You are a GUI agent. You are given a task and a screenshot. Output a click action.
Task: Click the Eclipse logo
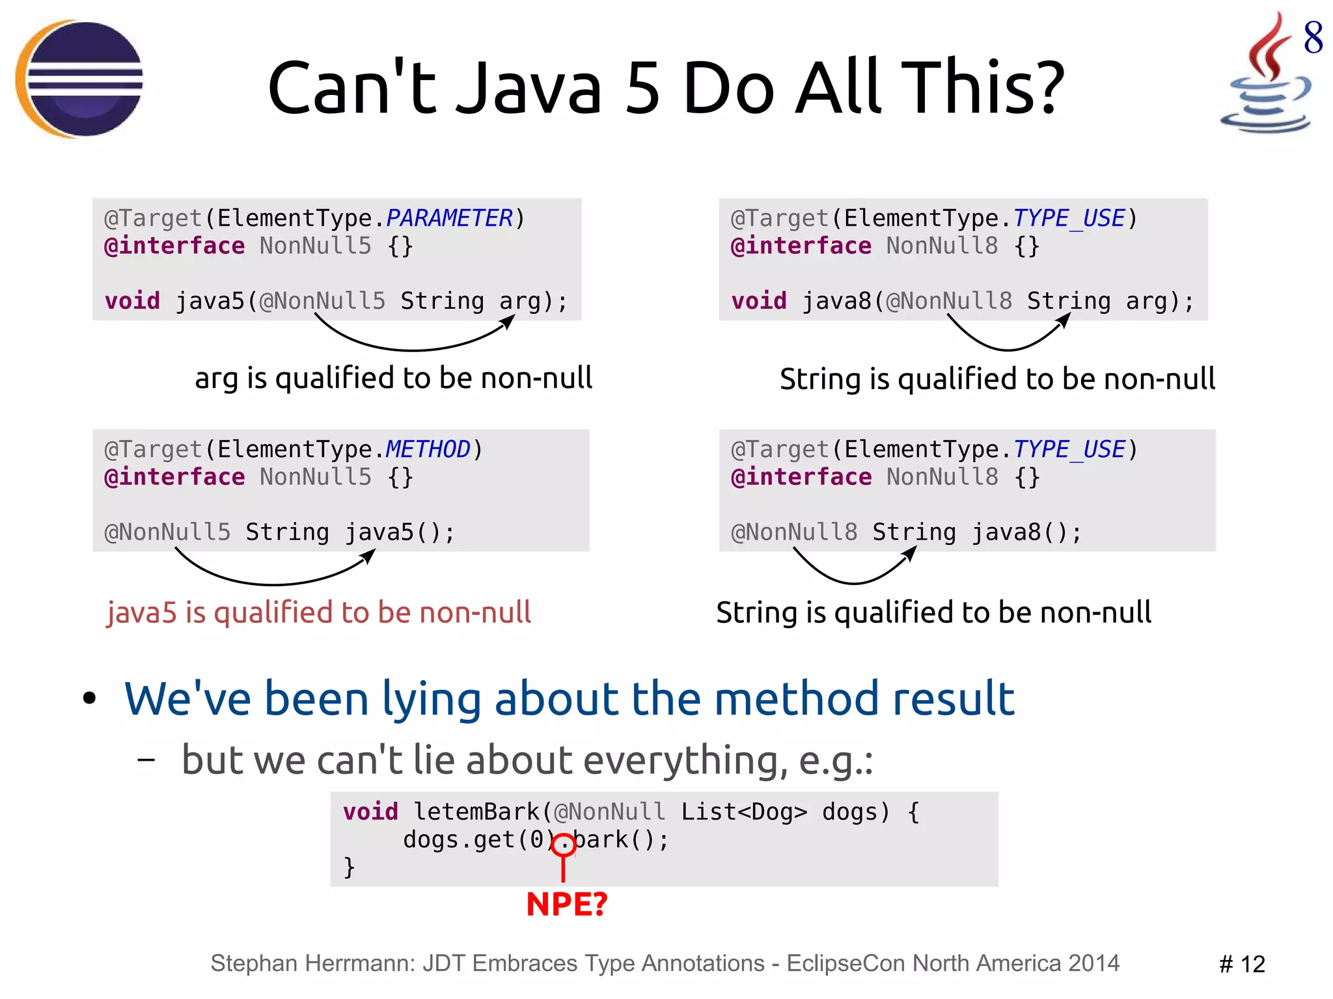[79, 79]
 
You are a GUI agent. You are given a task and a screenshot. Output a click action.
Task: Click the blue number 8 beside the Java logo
[1313, 37]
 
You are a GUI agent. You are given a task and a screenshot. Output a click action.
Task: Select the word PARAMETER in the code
[449, 218]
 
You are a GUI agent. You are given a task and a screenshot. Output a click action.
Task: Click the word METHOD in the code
[428, 449]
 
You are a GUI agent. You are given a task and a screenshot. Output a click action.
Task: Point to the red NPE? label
[566, 904]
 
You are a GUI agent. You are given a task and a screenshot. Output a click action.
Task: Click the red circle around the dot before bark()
[564, 845]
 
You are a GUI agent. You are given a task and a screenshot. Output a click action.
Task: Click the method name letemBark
[476, 812]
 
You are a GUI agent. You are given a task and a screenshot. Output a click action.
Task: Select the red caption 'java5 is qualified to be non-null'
[319, 612]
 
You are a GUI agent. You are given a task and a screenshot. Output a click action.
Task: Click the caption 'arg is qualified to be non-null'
[393, 378]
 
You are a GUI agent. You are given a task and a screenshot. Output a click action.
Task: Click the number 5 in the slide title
[642, 88]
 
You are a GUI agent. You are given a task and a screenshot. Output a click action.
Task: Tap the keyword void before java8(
[759, 301]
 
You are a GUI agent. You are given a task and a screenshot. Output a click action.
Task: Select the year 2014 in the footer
[1093, 963]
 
